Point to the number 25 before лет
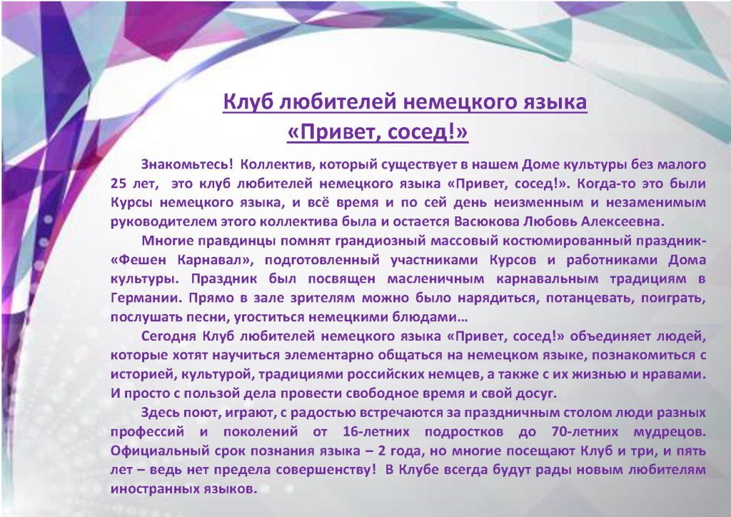click(119, 184)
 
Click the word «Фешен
click(138, 260)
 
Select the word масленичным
click(435, 278)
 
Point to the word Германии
click(146, 298)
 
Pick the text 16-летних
click(376, 432)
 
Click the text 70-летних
click(585, 432)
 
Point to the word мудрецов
click(670, 432)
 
